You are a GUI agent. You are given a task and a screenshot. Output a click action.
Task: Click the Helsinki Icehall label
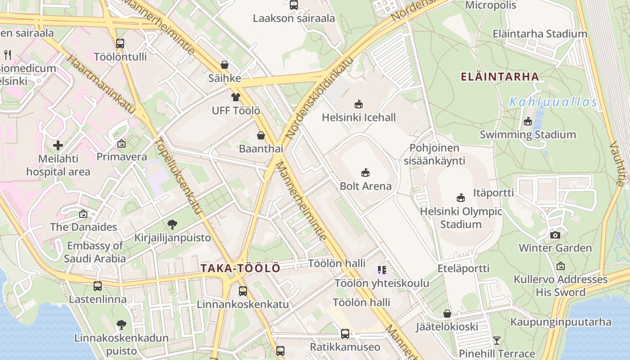point(359,117)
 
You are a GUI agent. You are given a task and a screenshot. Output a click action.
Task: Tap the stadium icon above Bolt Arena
point(365,172)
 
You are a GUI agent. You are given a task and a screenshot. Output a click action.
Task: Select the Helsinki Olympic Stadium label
point(461,218)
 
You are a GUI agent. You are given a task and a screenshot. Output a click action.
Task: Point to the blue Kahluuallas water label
point(553,102)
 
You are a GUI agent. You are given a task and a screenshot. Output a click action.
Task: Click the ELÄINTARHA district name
point(500,76)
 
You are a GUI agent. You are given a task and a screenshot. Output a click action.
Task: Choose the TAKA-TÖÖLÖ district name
point(240,269)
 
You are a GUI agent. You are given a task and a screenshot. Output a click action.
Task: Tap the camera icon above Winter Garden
point(555,235)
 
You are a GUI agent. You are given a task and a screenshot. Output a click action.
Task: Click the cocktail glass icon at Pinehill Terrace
point(496,341)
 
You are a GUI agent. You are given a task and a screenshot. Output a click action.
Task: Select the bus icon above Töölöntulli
point(120,44)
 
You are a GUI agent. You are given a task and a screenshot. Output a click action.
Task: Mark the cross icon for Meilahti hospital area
point(58,145)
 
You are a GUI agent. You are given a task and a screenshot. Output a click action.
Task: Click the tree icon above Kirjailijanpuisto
point(172,224)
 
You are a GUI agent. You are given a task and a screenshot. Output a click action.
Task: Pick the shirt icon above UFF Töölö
point(236,97)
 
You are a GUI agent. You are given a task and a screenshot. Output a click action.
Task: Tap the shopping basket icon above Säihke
point(224,65)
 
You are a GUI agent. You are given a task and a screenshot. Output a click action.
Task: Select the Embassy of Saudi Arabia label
point(94,252)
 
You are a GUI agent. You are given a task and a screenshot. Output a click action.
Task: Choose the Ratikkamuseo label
point(345,347)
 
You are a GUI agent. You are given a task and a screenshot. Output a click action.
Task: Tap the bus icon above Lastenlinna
point(98,286)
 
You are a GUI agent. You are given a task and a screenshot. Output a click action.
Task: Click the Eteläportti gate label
point(463,269)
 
